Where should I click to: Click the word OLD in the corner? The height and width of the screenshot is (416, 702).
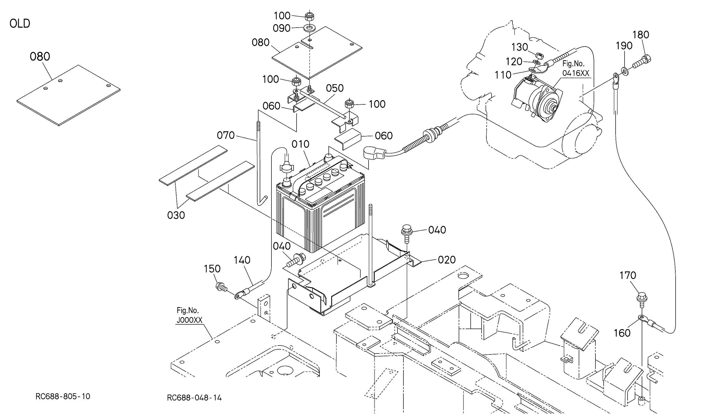point(20,24)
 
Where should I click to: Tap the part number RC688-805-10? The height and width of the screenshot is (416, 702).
point(63,396)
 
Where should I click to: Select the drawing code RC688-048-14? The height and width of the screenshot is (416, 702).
point(194,398)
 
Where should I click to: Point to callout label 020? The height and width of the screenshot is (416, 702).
point(447,260)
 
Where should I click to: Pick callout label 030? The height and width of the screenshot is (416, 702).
point(176,215)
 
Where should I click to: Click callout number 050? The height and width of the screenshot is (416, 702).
point(335,88)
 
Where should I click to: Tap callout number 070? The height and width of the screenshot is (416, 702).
point(226,136)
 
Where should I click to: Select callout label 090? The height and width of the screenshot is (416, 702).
point(282,28)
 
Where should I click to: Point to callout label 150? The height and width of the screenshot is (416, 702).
point(212,269)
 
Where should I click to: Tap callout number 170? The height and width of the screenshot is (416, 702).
point(628,275)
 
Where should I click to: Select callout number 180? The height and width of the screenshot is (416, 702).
point(641,35)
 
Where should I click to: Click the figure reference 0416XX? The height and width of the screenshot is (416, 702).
point(576,73)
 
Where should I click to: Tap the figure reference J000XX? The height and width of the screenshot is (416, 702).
point(190,320)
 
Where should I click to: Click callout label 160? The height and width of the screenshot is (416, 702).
point(622,333)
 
